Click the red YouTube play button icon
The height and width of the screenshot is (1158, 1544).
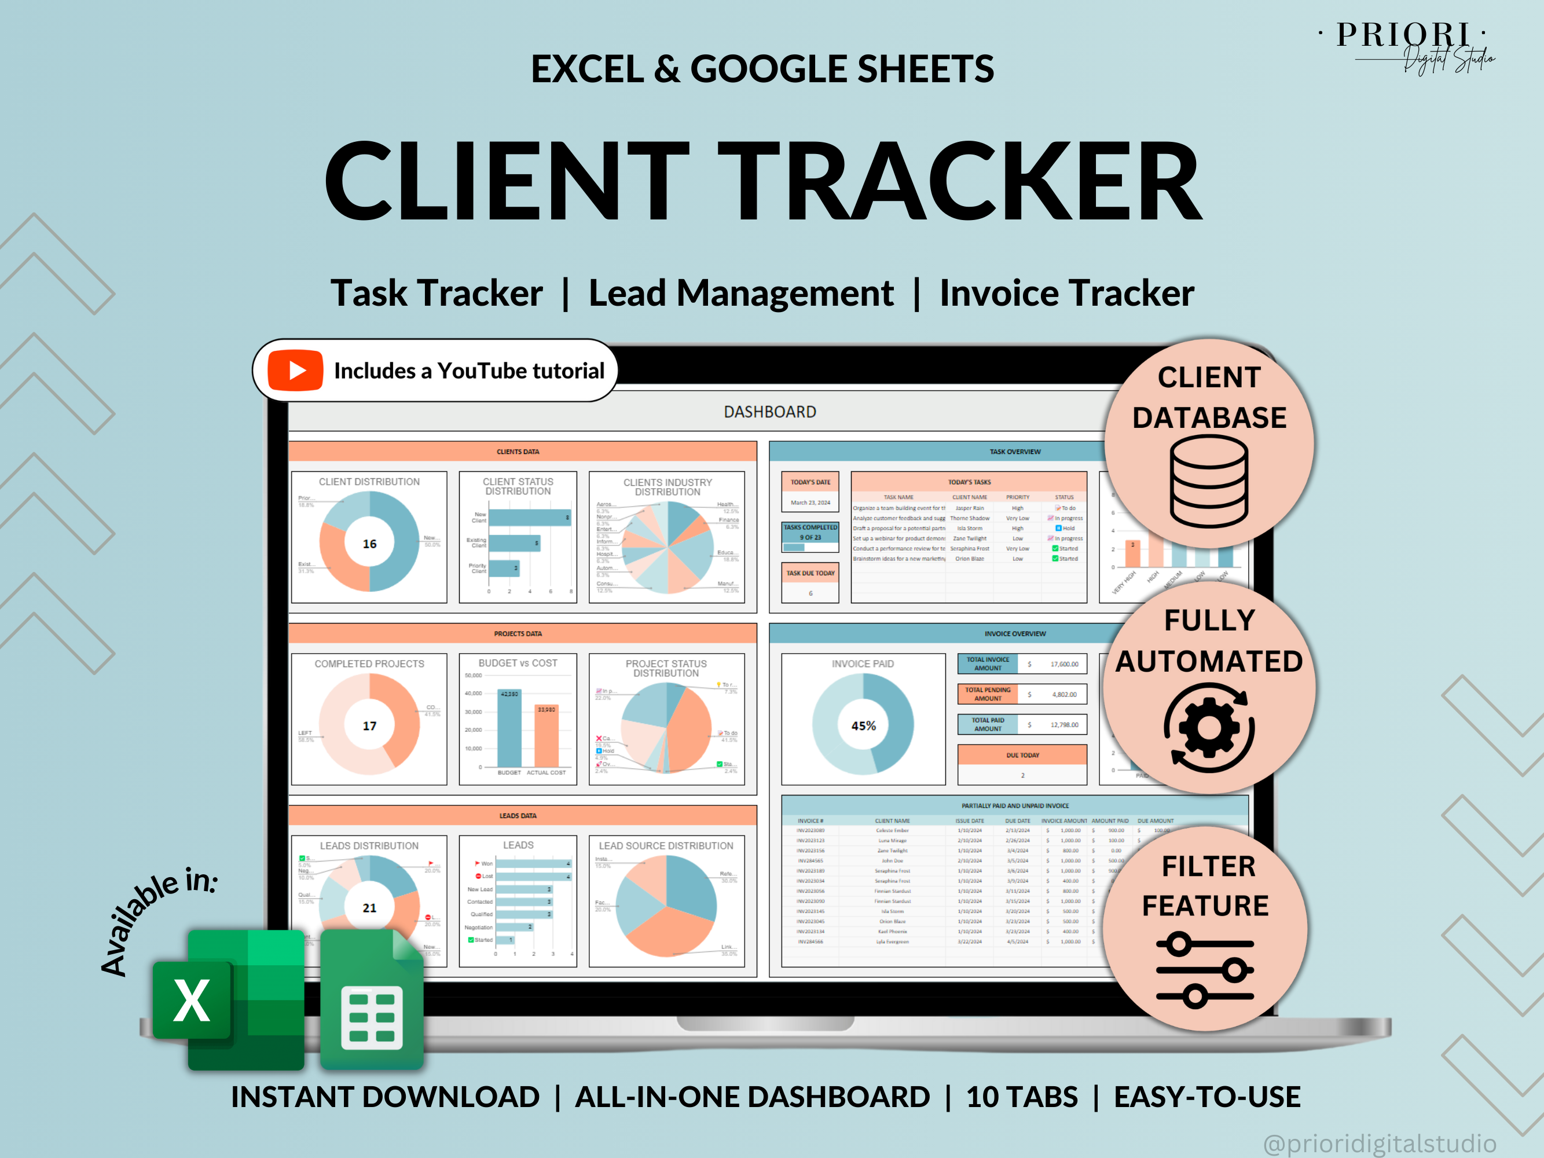[295, 370]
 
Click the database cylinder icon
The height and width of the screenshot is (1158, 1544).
[1209, 481]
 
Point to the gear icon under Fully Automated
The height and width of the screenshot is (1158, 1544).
[1209, 728]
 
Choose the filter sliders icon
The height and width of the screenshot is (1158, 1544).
[1205, 970]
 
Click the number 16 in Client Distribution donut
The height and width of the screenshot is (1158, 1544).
[369, 544]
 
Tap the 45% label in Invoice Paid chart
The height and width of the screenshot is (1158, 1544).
[863, 726]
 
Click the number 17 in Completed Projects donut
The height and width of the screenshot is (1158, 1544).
[369, 726]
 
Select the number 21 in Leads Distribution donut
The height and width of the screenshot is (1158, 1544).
[369, 908]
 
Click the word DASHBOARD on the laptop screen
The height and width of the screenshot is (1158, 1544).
[769, 412]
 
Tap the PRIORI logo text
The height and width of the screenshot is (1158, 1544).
[1403, 35]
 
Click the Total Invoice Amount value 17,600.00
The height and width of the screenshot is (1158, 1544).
[1063, 664]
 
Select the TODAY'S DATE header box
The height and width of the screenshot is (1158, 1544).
[810, 482]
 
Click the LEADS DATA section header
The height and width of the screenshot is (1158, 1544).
[518, 815]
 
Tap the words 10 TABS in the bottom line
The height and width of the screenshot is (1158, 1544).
[1022, 1097]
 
